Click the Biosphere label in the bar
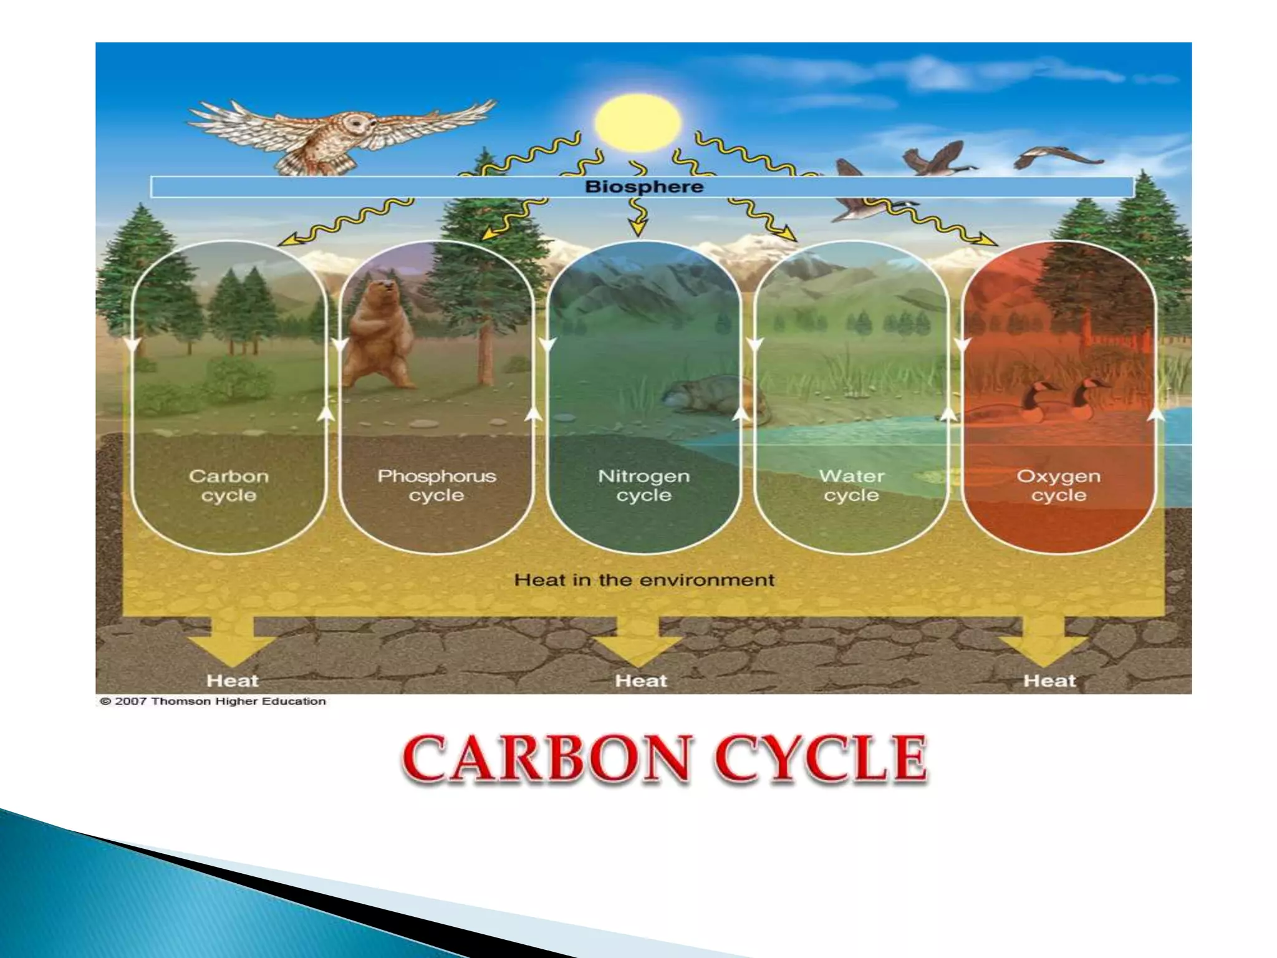tap(643, 186)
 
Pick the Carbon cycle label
tap(229, 485)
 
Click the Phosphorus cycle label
tap(436, 485)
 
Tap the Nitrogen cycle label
tap(643, 485)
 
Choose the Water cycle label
tap(851, 485)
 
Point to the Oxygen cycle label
tap(1058, 485)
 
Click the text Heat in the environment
tap(643, 580)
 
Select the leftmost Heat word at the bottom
tap(232, 680)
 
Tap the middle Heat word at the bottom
tap(640, 680)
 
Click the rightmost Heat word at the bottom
tap(1049, 680)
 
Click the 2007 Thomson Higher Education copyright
tap(213, 701)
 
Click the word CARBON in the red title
tap(547, 759)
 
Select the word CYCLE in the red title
tap(822, 759)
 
